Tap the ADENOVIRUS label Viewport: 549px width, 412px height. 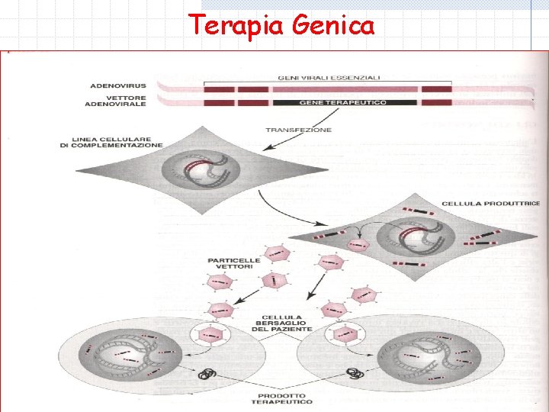pos(117,85)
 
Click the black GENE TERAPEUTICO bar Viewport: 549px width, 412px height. pos(344,102)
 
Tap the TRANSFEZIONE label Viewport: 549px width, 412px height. pos(299,130)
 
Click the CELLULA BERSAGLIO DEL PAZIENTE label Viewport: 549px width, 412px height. pos(281,323)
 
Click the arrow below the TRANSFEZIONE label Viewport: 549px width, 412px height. pos(323,117)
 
